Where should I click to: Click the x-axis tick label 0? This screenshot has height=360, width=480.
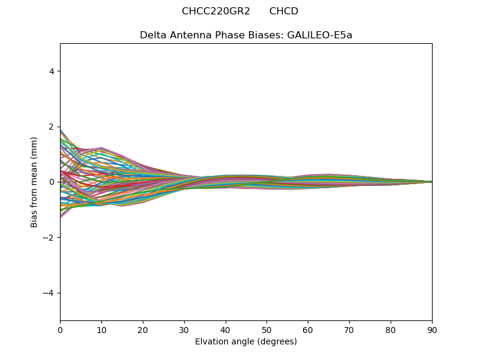[60, 329]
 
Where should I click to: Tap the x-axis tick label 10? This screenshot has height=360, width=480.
[101, 329]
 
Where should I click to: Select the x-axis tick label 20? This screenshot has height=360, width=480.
[143, 329]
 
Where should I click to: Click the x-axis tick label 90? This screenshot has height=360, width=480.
[432, 329]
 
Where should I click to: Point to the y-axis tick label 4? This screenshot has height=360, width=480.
[52, 71]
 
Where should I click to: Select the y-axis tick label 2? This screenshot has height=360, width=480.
[52, 127]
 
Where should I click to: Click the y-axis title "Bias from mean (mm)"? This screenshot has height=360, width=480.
[34, 182]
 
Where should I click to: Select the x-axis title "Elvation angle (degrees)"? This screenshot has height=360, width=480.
[246, 341]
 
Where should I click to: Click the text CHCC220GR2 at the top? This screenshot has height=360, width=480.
[216, 11]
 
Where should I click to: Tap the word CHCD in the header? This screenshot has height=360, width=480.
[284, 11]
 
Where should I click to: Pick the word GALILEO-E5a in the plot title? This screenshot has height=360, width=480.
[320, 35]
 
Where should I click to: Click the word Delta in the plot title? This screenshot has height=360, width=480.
[152, 35]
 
